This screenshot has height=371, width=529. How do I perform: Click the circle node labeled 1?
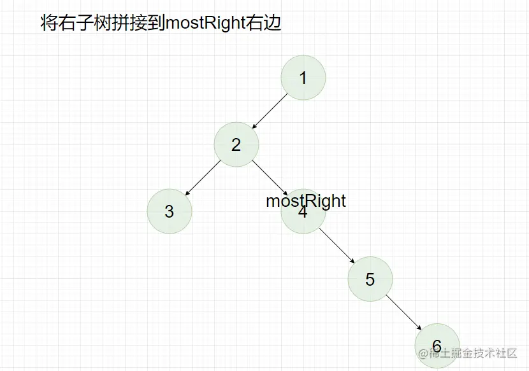point(303,78)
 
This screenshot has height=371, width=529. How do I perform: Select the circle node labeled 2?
point(236,144)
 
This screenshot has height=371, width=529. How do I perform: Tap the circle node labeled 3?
point(170,211)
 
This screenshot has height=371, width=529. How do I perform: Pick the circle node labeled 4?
point(303,216)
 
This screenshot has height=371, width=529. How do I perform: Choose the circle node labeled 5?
point(370,279)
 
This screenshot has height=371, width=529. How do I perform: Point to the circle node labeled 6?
point(437,346)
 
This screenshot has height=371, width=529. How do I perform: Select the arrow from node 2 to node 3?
point(203,178)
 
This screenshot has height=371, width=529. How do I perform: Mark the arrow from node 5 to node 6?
point(403,312)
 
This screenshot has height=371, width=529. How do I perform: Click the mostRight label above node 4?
point(306,201)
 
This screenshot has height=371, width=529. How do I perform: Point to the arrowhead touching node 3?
point(187,194)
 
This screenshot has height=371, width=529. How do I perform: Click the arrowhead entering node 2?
point(254,127)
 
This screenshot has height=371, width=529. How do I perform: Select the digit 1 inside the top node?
point(303,78)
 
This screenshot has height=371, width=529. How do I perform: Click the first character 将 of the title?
point(48,24)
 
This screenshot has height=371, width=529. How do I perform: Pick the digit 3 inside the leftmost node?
point(170,211)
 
